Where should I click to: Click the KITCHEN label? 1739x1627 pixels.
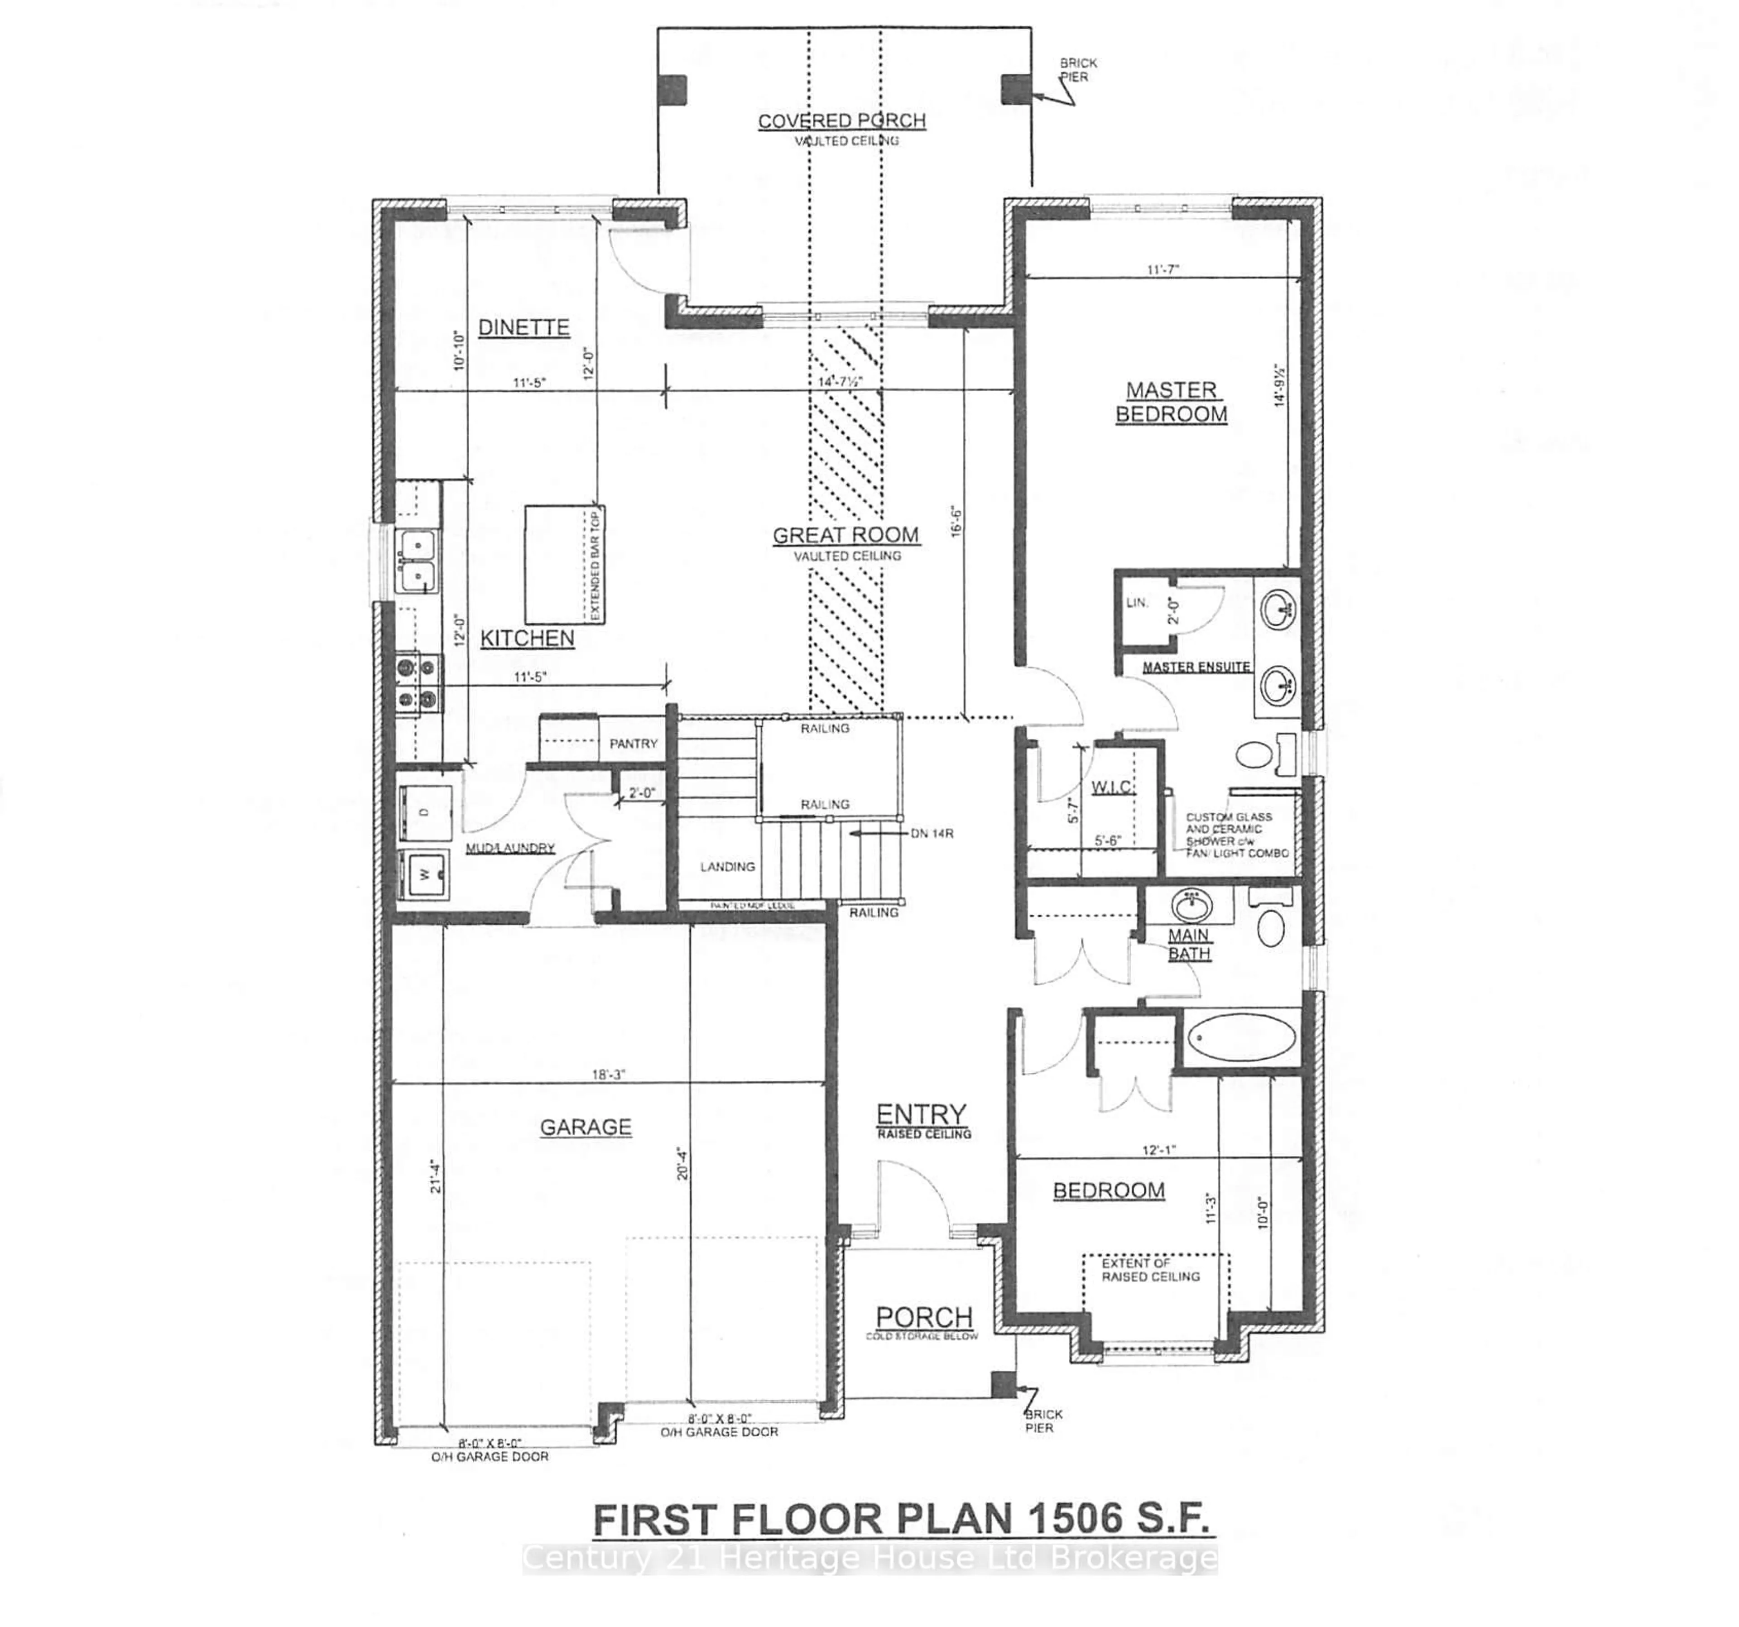tap(528, 638)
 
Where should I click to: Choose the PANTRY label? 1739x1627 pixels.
tap(633, 744)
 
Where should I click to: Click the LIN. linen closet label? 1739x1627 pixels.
tap(1136, 603)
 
